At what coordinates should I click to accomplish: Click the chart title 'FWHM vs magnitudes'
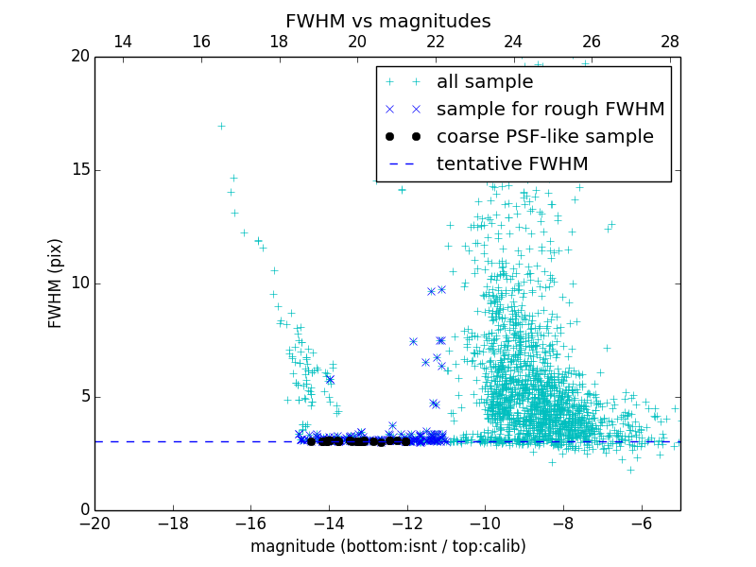pos(387,21)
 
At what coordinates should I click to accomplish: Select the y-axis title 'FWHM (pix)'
pos(56,283)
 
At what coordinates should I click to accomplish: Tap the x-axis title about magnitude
pos(387,547)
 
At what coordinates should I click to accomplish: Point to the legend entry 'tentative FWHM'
pos(511,164)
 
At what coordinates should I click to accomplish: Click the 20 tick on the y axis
pos(79,57)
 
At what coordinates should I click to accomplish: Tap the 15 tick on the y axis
pos(79,170)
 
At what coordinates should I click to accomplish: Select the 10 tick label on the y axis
pos(79,283)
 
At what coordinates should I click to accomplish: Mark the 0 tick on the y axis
pos(84,510)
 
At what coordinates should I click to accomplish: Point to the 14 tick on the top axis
pos(122,42)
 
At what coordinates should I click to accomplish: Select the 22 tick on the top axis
pos(435,42)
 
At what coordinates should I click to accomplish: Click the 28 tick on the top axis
pos(670,42)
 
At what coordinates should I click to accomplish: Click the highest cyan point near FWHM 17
pos(221,126)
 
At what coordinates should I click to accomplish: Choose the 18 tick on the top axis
pos(279,42)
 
